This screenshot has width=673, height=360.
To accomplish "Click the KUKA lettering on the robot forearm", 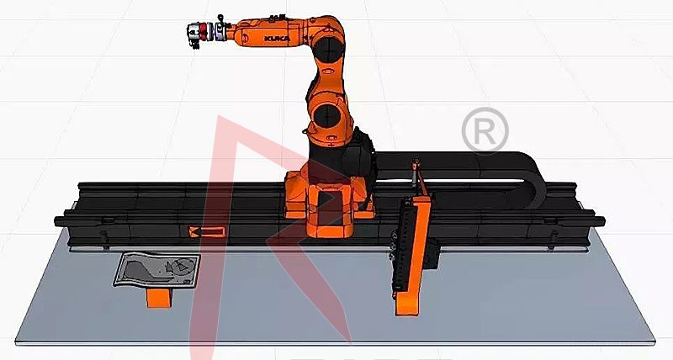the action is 278,39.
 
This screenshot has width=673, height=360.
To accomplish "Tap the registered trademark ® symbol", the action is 485,131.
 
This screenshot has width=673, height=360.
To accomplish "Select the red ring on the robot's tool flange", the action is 204,32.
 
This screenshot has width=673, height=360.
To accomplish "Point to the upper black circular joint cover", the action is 329,49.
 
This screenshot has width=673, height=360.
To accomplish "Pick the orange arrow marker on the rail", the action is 207,232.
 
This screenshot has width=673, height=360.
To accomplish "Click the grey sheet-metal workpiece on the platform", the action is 157,270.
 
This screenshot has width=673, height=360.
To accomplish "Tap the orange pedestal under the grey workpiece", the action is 159,298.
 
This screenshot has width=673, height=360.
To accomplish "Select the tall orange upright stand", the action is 413,257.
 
